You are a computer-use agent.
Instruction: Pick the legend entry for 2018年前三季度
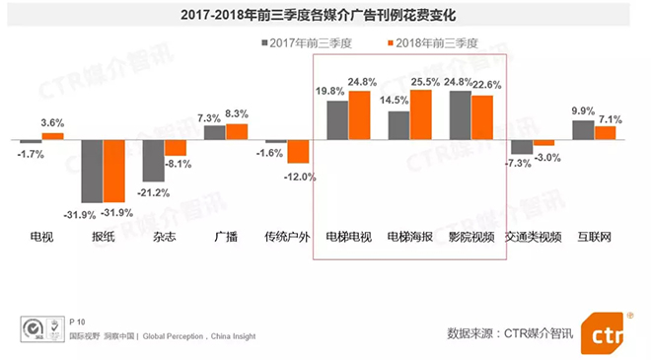pyautogui.click(x=434, y=43)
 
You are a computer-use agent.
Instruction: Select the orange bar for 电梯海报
pyautogui.click(x=421, y=114)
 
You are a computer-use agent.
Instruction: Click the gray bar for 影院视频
pyautogui.click(x=460, y=114)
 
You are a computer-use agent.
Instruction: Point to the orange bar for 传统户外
pyautogui.click(x=298, y=151)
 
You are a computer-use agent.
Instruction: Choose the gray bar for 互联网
pyautogui.click(x=583, y=129)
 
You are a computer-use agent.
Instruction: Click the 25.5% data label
pyautogui.click(x=426, y=82)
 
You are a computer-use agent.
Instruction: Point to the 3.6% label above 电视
pyautogui.click(x=52, y=123)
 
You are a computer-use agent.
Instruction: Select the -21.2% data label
pyautogui.click(x=154, y=192)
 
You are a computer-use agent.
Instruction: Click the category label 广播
pyautogui.click(x=226, y=238)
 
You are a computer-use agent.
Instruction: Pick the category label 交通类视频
pyautogui.click(x=533, y=238)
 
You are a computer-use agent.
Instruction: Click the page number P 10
pyautogui.click(x=79, y=322)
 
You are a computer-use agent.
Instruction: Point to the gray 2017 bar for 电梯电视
pyautogui.click(x=337, y=119)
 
